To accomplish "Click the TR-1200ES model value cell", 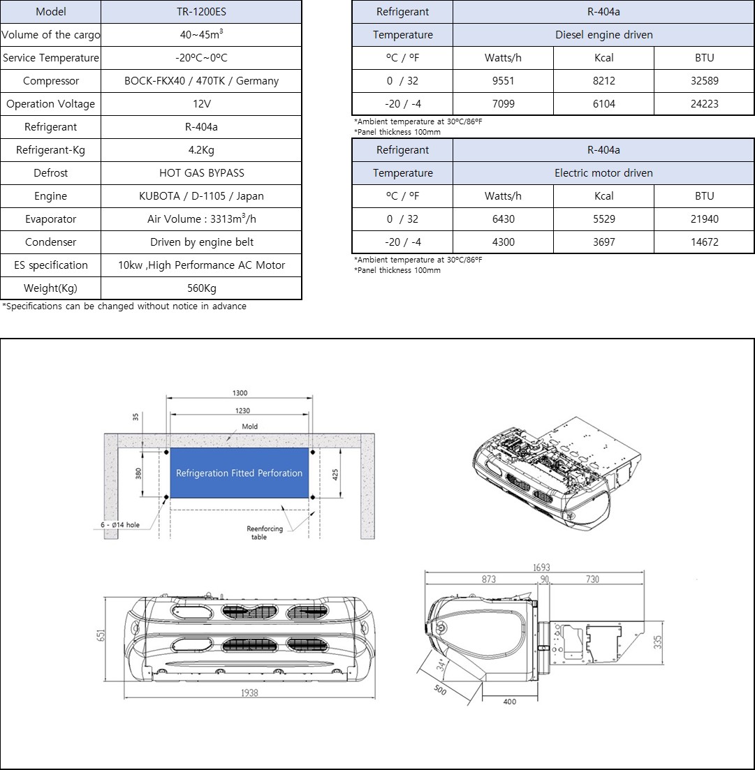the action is (x=201, y=12).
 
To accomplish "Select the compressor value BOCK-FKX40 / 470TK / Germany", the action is (x=201, y=81).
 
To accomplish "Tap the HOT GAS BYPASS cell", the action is (x=201, y=173).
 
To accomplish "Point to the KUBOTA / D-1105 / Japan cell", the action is (x=201, y=196).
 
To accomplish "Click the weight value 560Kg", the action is (x=201, y=288).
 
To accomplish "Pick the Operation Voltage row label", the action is (x=50, y=104).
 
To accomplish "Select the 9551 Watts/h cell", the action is (x=503, y=81).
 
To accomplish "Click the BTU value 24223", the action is (x=705, y=104).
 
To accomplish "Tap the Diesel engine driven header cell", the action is (x=603, y=35).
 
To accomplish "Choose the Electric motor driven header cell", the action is (x=603, y=173).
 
